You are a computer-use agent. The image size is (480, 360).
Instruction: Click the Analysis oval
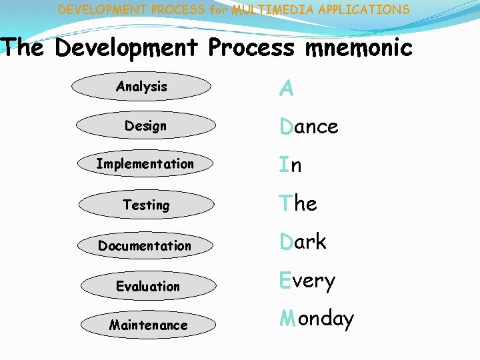tap(141, 86)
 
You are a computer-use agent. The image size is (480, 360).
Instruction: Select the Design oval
tap(145, 125)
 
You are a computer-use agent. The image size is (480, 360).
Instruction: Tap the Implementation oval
tap(145, 164)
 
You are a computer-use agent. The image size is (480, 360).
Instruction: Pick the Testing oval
tap(145, 205)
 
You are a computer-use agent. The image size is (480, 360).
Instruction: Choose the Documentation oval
tap(145, 245)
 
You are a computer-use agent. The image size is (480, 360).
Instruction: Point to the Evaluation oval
tap(147, 286)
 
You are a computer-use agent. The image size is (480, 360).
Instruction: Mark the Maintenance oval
tap(148, 325)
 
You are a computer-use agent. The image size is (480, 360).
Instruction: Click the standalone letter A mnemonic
tap(287, 89)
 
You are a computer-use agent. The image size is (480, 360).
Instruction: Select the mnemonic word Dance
tap(309, 127)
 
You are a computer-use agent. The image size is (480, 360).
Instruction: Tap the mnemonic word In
tap(291, 165)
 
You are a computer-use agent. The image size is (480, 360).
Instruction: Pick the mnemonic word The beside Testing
tap(298, 203)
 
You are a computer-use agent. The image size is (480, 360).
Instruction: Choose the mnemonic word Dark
tap(303, 242)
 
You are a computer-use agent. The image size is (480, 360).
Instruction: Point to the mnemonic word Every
tap(307, 282)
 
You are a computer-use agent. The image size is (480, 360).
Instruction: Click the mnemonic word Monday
tap(317, 319)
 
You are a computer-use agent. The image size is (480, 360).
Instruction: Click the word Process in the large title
tap(251, 48)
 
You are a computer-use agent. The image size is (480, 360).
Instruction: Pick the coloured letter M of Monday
tap(287, 319)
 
